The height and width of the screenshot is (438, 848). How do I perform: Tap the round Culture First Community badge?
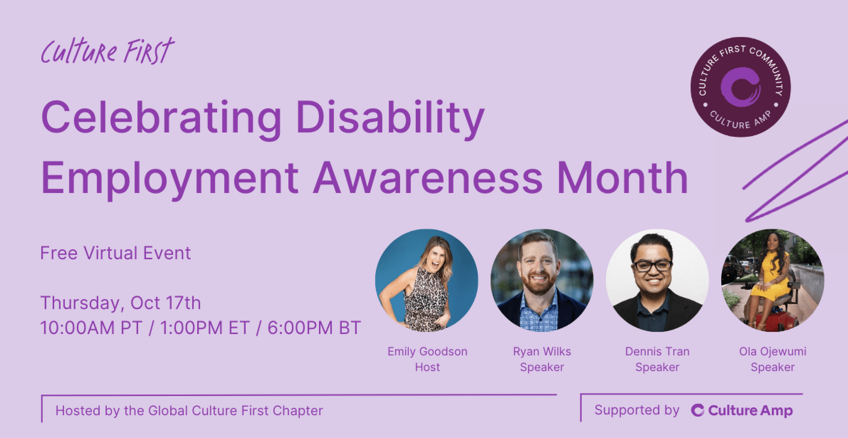coord(740,87)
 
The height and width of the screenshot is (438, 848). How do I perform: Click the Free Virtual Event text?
coord(116,253)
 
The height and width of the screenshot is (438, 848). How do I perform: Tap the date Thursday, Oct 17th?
coord(121,303)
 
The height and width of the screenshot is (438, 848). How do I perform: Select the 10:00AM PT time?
coord(91,327)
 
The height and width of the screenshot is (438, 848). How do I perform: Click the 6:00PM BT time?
coord(314,327)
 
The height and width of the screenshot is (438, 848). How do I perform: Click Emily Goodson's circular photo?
coord(426,280)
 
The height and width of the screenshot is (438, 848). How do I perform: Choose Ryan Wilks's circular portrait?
coord(542,280)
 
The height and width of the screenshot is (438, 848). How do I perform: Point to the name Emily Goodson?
coord(427,351)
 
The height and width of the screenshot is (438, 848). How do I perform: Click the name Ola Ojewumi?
coord(773,351)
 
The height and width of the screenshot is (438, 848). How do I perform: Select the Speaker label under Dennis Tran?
coord(657,367)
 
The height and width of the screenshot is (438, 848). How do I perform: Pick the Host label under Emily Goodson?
coord(427,367)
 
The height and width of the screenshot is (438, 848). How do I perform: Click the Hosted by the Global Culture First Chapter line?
coord(189,411)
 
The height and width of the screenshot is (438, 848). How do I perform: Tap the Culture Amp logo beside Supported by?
coord(742,411)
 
